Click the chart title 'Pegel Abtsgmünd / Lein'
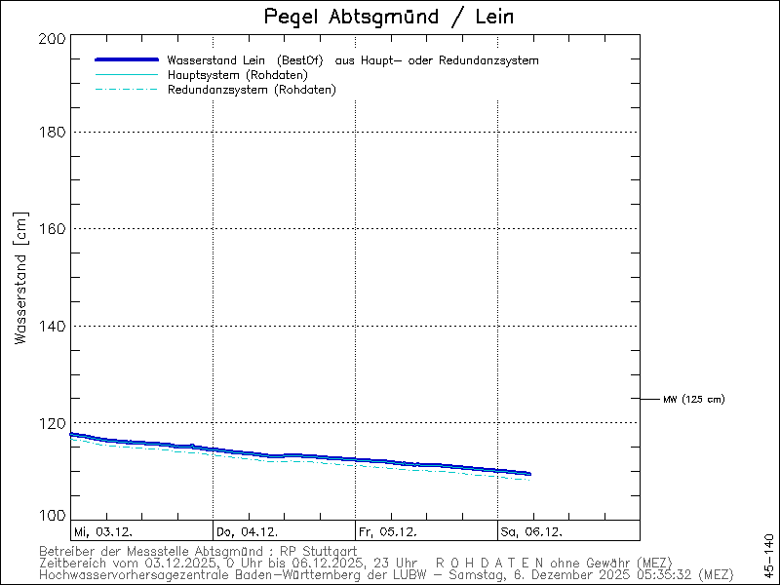(389, 18)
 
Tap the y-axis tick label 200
(54, 39)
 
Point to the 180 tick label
(54, 133)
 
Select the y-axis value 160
(54, 229)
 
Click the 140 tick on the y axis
(54, 326)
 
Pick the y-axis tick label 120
(54, 423)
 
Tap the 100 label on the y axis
(54, 516)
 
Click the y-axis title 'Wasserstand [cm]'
(20, 279)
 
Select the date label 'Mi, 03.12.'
(103, 532)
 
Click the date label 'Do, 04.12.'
(248, 532)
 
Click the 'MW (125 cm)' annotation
(693, 399)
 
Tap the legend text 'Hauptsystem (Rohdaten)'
(238, 75)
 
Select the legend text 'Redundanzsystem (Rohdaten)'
(252, 90)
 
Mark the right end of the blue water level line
(529, 474)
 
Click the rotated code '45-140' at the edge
(768, 553)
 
